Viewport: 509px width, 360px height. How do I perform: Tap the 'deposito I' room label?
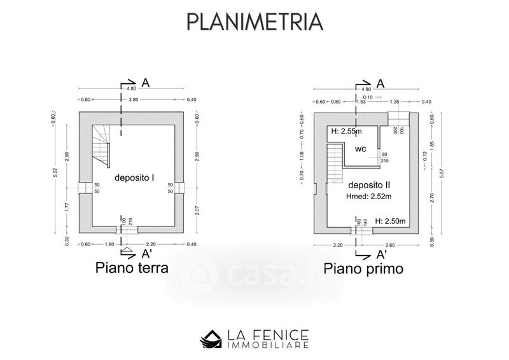(x=135, y=179)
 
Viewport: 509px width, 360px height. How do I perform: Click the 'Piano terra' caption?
(x=132, y=268)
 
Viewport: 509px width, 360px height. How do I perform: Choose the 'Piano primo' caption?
(x=363, y=268)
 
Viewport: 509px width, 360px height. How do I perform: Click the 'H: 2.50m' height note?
(x=390, y=221)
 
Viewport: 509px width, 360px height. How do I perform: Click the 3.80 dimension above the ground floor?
(x=134, y=100)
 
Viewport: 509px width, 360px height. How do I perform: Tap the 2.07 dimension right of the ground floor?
(x=197, y=208)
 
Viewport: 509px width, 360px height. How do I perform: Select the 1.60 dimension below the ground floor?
(x=109, y=245)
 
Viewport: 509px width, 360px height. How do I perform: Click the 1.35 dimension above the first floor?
(x=394, y=102)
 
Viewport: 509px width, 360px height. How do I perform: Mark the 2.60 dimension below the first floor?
(x=389, y=245)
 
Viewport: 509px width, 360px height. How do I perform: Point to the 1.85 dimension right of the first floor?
(x=431, y=146)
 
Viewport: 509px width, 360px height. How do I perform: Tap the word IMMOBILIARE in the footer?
(x=270, y=345)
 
